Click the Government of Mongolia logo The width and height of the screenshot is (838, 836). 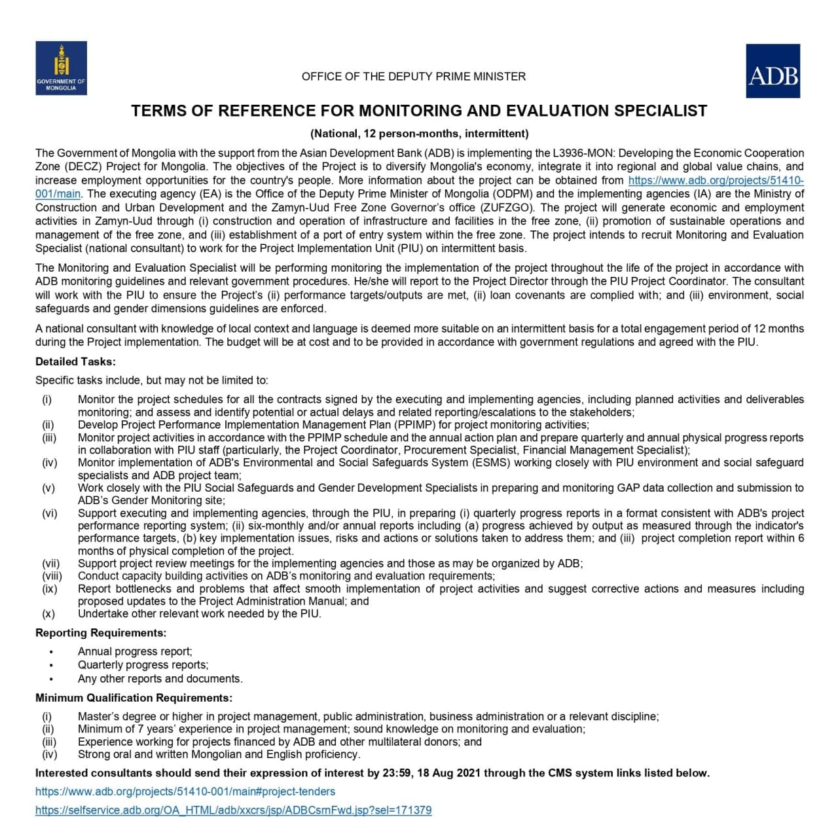[61, 68]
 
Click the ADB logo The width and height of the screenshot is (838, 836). [773, 71]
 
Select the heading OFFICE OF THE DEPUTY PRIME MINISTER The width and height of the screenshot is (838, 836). [413, 77]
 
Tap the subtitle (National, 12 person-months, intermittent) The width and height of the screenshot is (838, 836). [419, 134]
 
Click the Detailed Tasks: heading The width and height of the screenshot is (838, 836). [75, 361]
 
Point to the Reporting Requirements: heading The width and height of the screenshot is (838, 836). [101, 633]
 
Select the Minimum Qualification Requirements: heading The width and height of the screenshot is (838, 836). [134, 698]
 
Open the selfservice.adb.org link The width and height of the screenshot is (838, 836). [233, 810]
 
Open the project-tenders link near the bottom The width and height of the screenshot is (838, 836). [185, 791]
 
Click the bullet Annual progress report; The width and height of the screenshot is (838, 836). [135, 651]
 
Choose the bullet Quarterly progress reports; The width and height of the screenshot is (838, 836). [143, 665]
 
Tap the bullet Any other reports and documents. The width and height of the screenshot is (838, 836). [160, 679]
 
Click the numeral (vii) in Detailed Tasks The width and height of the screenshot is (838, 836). [51, 564]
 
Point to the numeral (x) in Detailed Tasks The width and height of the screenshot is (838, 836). [48, 614]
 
